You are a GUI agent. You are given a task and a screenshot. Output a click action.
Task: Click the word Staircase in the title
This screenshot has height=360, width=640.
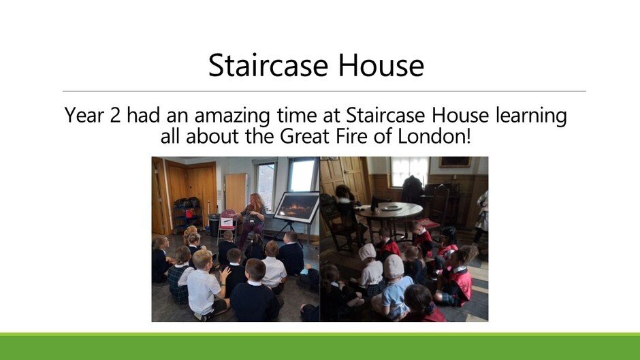coord(268,65)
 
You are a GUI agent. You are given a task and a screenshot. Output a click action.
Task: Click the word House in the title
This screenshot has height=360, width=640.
coord(381,65)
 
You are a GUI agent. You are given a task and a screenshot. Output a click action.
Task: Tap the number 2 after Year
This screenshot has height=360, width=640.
coord(116,115)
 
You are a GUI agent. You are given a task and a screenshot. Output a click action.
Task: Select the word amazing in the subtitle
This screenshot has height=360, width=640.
coord(232,116)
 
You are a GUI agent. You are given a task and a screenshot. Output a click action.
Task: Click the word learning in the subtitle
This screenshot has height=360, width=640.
coord(531,116)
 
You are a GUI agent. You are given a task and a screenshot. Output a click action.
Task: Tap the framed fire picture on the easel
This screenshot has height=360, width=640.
coord(296,208)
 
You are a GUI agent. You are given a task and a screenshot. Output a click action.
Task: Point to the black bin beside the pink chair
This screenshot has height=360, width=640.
coord(214,225)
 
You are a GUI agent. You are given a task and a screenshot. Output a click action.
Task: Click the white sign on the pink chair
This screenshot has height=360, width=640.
coord(226,223)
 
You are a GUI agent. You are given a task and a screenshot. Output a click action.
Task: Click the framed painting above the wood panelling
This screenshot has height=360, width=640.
coord(455,162)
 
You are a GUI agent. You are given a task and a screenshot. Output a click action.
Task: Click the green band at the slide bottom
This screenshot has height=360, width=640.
coord(320,346)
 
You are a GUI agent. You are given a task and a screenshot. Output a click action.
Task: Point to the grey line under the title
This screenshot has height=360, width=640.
coord(324,91)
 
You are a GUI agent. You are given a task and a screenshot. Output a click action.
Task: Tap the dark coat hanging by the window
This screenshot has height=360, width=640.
coord(411,189)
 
